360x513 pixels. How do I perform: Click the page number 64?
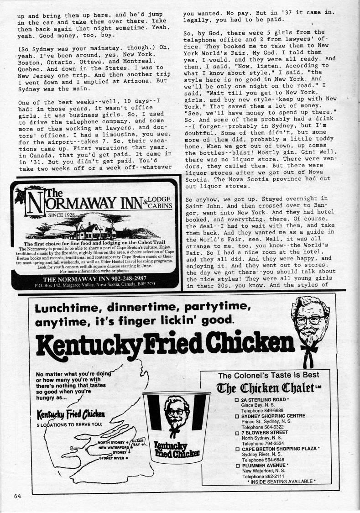tap(18, 496)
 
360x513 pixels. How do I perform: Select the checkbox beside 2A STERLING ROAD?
tap(237, 400)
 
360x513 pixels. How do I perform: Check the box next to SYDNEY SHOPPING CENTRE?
tap(237, 416)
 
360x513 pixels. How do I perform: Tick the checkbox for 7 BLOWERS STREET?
tap(237, 432)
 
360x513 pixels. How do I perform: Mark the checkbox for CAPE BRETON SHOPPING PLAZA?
tap(237, 449)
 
